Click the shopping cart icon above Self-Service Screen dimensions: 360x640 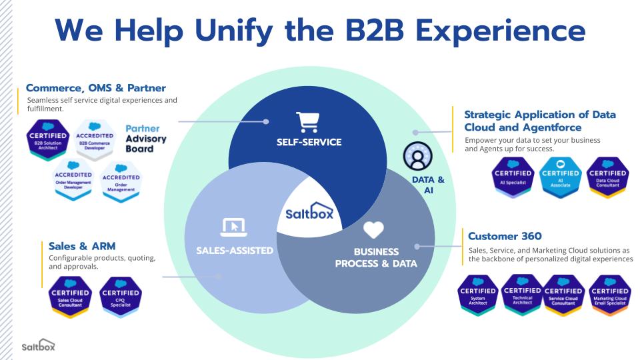click(x=307, y=122)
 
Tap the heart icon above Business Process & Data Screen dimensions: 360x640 click(x=374, y=230)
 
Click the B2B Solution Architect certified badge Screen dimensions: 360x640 click(x=47, y=140)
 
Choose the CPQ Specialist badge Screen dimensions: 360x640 click(x=120, y=296)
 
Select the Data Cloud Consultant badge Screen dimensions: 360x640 click(x=607, y=176)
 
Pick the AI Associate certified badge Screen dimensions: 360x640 click(x=560, y=176)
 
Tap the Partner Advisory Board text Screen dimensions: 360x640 click(x=145, y=138)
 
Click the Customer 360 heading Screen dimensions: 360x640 click(x=505, y=236)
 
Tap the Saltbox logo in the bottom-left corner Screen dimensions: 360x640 click(x=38, y=346)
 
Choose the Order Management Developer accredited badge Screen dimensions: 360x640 click(x=73, y=179)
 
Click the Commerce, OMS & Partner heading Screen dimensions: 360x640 click(x=95, y=88)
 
